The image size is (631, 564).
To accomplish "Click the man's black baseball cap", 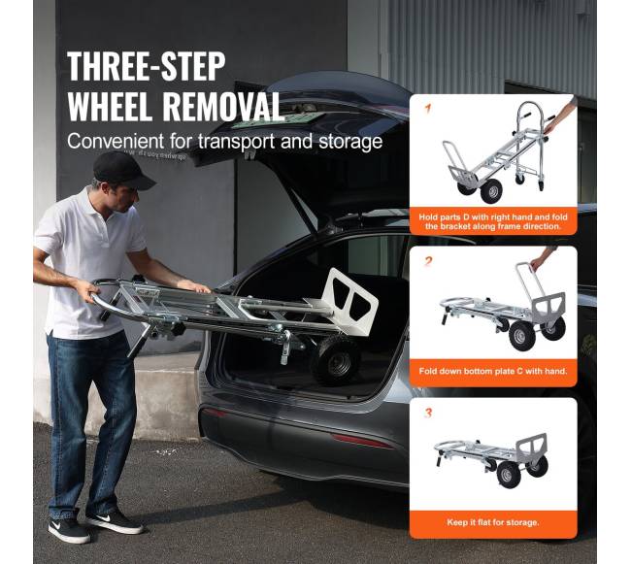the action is click(x=122, y=170).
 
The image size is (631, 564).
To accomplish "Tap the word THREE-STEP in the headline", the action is click(x=146, y=67).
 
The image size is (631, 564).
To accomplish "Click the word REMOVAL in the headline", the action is click(x=222, y=106).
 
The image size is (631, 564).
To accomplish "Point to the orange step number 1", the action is click(x=428, y=108).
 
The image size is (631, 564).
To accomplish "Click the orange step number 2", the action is click(x=428, y=261).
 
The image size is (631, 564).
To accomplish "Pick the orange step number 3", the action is click(x=428, y=413).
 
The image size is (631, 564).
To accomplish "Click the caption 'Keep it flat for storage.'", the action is click(x=493, y=522).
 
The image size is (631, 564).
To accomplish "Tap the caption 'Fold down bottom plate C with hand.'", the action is click(x=493, y=371).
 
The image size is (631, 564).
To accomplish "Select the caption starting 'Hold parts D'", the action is click(x=493, y=221).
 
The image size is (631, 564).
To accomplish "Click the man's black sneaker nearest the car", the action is click(x=114, y=521).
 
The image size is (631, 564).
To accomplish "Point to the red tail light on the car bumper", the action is click(x=362, y=441).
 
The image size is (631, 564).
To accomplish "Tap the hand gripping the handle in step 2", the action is click(x=537, y=263).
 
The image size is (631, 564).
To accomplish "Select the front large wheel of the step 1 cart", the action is click(x=491, y=191).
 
